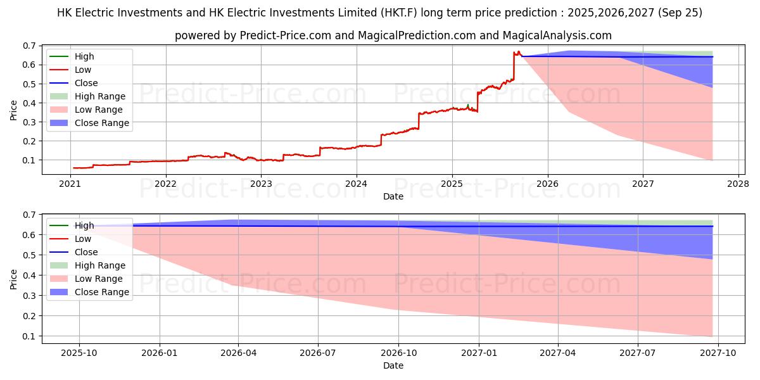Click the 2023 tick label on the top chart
coord(261,184)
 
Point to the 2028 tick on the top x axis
coord(738,184)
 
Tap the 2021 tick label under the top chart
coord(70,184)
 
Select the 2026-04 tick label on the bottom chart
coord(238,353)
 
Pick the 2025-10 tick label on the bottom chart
coord(79,353)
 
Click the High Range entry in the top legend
coord(99,96)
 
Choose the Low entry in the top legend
coord(83,70)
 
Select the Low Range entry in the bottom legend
coord(99,279)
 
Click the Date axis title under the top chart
coord(393,196)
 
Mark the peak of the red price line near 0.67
coord(518,52)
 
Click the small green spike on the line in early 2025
coord(467,105)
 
